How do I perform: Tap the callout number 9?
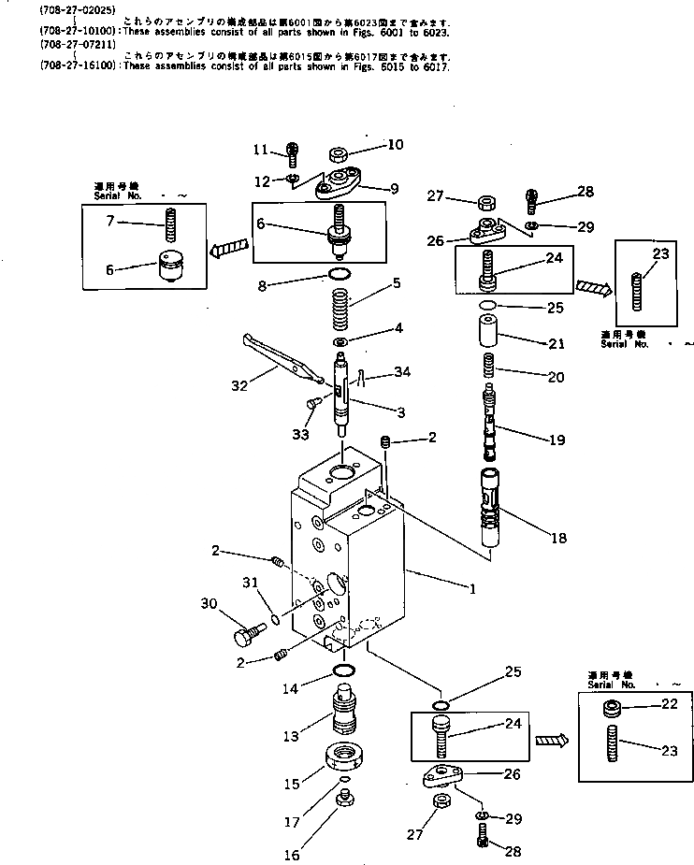point(394,189)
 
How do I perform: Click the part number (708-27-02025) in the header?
point(65,10)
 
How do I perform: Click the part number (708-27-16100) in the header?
point(65,68)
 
